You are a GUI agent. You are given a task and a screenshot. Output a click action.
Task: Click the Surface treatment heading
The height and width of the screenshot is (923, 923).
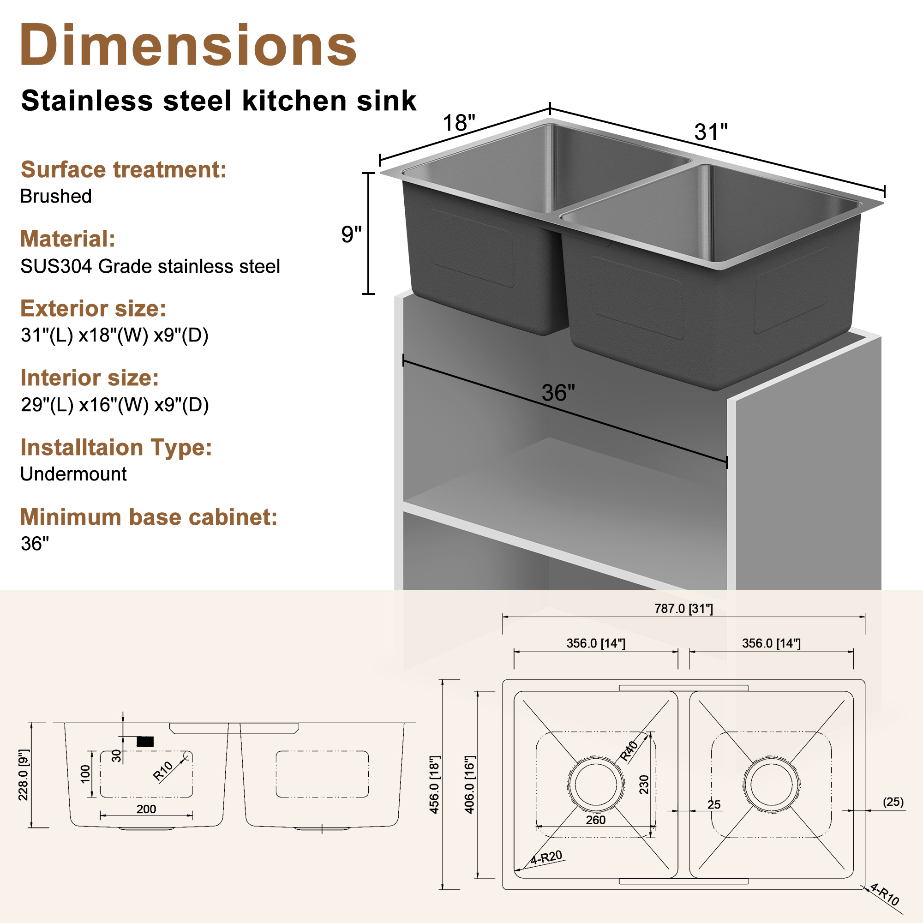point(123,169)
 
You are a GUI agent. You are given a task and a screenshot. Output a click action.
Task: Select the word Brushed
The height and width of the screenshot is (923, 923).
point(56,196)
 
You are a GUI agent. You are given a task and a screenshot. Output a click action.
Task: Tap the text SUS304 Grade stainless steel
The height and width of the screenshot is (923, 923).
point(150,266)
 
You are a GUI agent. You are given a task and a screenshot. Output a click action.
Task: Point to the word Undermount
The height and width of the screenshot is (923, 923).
point(73,474)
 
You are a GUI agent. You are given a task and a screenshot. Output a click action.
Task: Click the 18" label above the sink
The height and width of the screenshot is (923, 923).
point(459,123)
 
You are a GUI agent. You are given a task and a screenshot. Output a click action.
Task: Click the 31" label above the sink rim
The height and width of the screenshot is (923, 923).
point(710,132)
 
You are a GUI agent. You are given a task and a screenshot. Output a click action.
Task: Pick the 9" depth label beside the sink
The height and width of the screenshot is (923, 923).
point(351,234)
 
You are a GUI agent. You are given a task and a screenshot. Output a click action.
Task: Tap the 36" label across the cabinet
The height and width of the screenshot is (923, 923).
point(557,393)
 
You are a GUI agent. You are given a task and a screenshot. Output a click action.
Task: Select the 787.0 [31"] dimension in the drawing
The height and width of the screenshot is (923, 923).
point(683,609)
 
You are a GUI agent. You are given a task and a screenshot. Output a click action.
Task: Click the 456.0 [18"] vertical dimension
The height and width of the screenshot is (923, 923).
point(434,785)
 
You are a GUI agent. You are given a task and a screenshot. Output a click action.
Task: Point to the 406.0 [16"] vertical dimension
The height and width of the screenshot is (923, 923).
point(470,785)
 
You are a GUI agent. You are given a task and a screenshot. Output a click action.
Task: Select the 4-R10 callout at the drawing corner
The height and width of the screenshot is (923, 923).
point(885,894)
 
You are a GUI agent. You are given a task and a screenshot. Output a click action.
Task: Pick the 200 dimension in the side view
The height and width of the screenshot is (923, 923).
point(146,809)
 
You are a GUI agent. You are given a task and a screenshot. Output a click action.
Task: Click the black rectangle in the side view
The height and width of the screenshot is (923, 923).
point(145,742)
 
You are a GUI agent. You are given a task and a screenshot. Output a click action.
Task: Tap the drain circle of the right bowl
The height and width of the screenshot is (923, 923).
point(771,785)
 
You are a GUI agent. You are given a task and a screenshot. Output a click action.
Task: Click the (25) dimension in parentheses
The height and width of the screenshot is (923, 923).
point(893,802)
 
